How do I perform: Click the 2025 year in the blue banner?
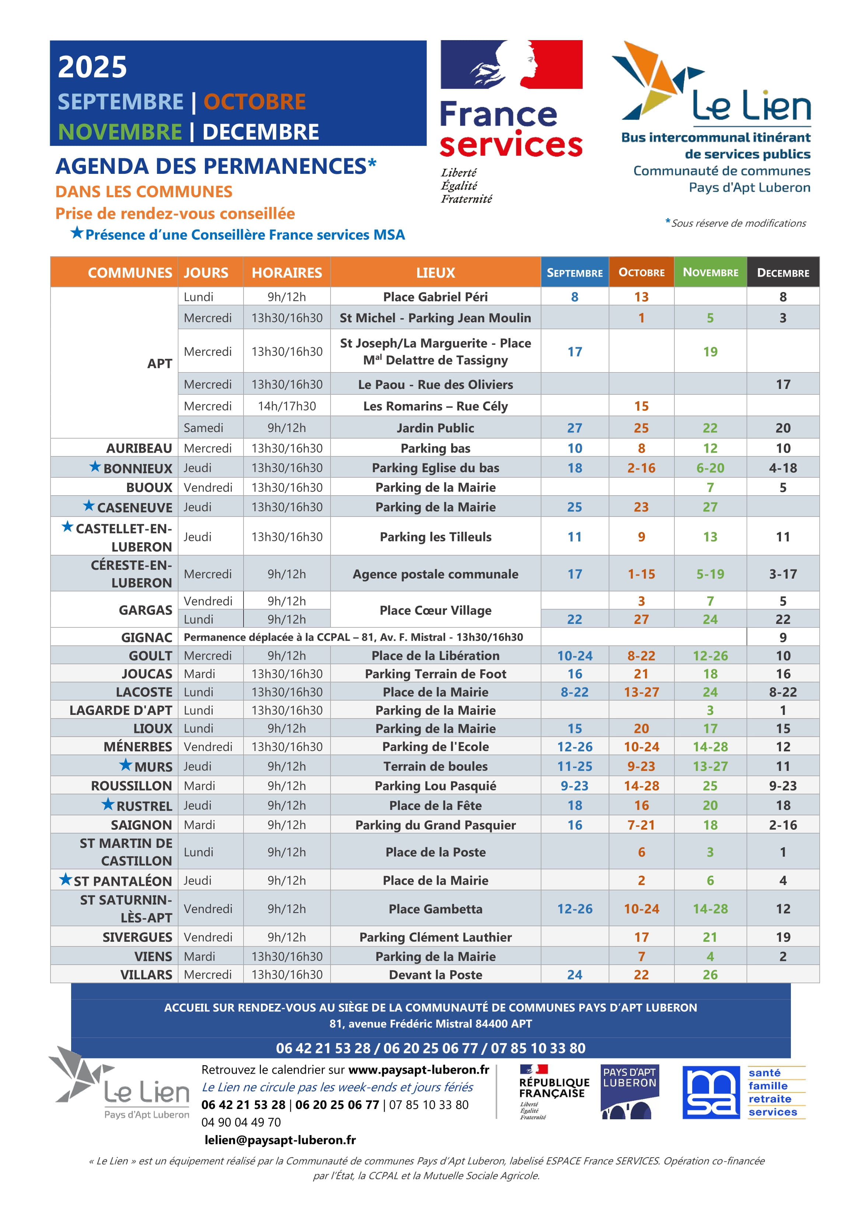93,67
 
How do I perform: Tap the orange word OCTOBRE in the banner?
254,102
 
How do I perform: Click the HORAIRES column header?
287,273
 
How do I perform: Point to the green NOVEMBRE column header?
710,272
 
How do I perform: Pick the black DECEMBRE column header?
783,273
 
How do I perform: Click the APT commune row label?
159,364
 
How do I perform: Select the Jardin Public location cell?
435,428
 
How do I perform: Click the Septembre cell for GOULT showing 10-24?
574,656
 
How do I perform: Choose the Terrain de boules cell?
435,766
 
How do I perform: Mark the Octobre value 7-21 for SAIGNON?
641,825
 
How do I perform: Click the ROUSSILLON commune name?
131,786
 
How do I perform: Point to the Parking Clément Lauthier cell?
435,937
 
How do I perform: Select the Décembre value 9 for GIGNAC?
783,637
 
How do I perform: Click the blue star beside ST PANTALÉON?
65,879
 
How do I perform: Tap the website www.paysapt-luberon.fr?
419,1070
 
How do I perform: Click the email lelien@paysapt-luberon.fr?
280,1140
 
